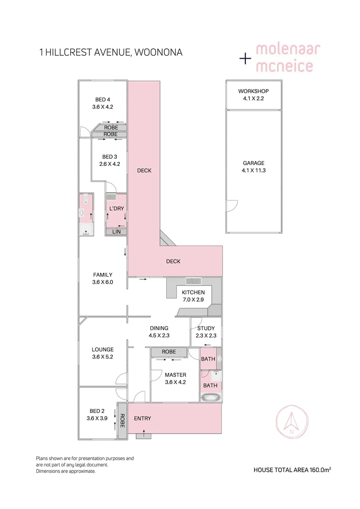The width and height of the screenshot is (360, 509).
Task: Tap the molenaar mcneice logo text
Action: click(284, 58)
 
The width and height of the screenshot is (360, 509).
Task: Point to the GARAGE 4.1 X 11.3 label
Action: click(254, 167)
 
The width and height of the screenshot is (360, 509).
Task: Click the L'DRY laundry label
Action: click(116, 208)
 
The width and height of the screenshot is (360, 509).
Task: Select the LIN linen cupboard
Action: click(116, 232)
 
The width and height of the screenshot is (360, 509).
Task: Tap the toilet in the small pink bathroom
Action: click(85, 200)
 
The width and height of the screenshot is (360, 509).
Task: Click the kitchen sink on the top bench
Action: click(193, 281)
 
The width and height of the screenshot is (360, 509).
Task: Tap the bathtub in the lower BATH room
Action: click(210, 397)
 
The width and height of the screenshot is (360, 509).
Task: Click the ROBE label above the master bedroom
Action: click(169, 352)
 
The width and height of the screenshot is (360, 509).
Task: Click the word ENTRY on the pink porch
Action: click(142, 418)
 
